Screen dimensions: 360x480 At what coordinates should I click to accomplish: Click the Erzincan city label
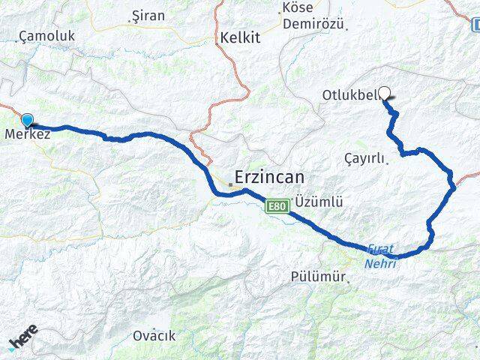[x=271, y=178]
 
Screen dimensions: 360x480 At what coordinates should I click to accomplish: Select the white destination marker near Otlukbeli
[x=385, y=94]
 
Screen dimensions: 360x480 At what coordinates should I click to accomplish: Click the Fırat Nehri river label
[x=381, y=256]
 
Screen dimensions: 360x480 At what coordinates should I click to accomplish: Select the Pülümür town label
[x=318, y=276]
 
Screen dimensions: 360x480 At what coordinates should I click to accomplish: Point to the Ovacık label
[x=154, y=335]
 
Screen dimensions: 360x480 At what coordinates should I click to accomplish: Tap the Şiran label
[x=148, y=15]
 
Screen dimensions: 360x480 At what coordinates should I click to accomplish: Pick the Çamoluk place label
[x=47, y=35]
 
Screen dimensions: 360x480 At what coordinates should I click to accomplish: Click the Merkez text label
[x=28, y=135]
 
